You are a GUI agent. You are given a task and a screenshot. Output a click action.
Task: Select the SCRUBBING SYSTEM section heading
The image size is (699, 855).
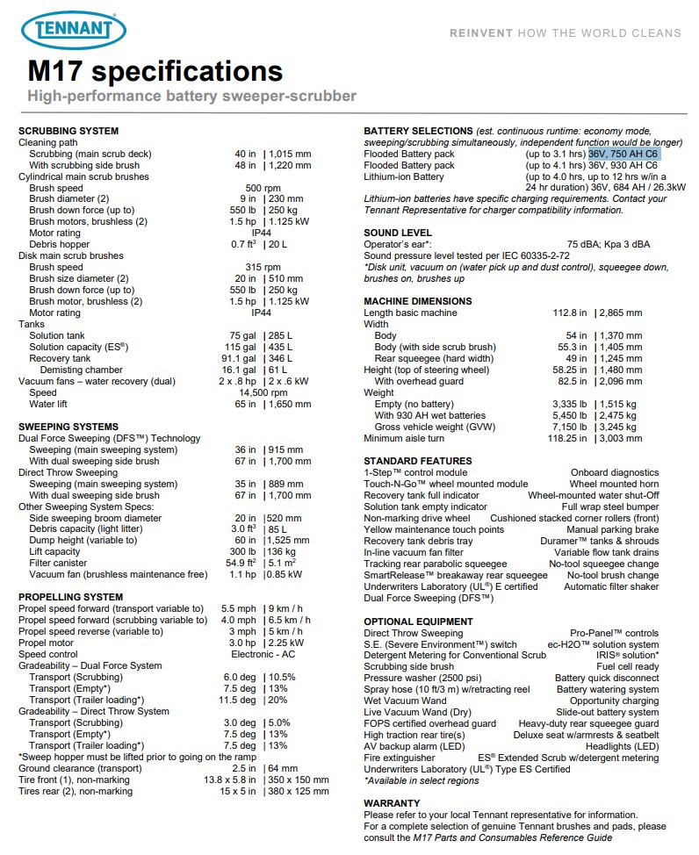click(x=68, y=131)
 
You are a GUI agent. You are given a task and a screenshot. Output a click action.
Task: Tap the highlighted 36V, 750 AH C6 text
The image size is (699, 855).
click(x=623, y=154)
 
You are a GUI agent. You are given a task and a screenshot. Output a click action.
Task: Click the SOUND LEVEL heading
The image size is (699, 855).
click(x=397, y=233)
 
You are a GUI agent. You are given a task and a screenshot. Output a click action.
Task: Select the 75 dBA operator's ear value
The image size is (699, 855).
click(x=586, y=245)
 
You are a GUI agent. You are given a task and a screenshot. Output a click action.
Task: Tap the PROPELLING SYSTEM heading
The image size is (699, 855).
click(x=71, y=596)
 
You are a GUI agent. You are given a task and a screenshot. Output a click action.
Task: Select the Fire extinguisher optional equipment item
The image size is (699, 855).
click(x=400, y=758)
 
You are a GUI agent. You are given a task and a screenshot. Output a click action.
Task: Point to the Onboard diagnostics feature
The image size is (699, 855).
click(x=614, y=472)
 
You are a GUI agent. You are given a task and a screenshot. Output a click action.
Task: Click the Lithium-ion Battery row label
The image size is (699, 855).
click(x=404, y=176)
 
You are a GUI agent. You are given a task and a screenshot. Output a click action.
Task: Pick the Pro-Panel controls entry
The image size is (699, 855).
click(x=614, y=633)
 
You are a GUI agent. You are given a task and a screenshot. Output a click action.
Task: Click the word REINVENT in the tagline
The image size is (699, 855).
click(x=479, y=32)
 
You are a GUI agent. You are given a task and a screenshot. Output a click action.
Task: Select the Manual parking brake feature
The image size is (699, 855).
click(x=612, y=529)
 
